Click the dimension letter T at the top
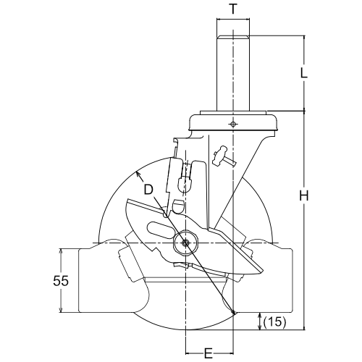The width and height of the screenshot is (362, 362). pyautogui.click(x=233, y=9)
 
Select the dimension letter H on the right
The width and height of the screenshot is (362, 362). pyautogui.click(x=304, y=195)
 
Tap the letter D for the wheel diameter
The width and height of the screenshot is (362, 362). pyautogui.click(x=148, y=190)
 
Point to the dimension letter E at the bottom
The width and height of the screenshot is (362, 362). pyautogui.click(x=209, y=354)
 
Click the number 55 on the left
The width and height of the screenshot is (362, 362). pyautogui.click(x=61, y=281)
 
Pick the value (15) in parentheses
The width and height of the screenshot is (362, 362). pyautogui.click(x=275, y=321)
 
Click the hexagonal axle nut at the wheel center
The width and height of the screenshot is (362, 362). pyautogui.click(x=186, y=243)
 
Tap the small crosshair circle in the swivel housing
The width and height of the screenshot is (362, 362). pyautogui.click(x=232, y=124)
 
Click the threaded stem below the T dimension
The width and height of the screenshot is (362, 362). pyautogui.click(x=233, y=73)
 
